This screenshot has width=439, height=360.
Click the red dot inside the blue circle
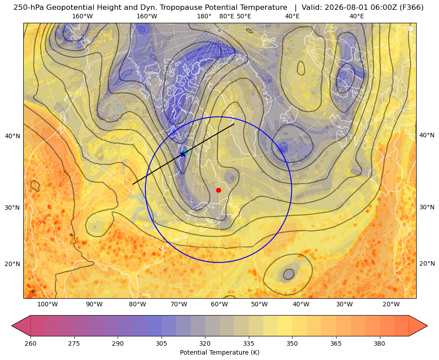coord(219,190)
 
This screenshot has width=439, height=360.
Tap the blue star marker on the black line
coord(183,153)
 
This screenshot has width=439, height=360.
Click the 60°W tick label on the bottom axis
coord(219,305)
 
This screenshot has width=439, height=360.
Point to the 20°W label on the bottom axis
coord(391,305)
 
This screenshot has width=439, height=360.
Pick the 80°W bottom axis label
coord(137,305)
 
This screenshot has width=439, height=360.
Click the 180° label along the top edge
coord(204,16)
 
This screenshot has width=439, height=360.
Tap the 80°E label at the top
coord(227,16)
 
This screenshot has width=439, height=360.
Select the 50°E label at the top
coord(244,16)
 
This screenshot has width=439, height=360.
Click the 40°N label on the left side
coord(13,136)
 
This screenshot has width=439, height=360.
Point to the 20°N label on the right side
coord(427,263)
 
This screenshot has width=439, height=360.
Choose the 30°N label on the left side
coord(13,208)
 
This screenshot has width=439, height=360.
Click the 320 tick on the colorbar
coord(205,343)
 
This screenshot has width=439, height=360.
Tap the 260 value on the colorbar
coord(30,343)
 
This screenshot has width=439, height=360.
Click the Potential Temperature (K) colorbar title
coord(219,352)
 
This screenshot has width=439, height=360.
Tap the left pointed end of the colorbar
coord(12,326)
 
